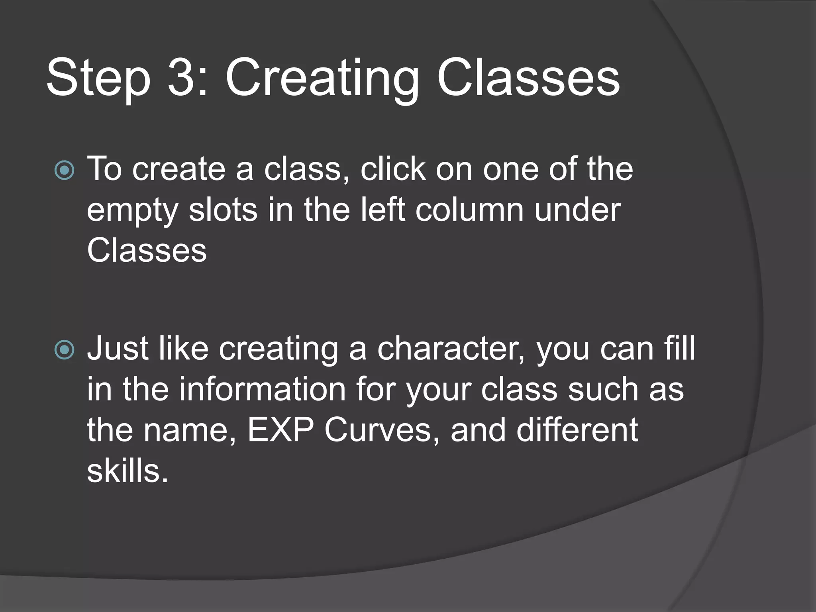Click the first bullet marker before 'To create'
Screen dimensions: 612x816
pyautogui.click(x=64, y=171)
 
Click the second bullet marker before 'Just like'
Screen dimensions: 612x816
pyautogui.click(x=64, y=350)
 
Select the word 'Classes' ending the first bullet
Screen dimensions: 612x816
pyautogui.click(x=147, y=251)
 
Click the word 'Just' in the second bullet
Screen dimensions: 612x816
pyautogui.click(x=118, y=349)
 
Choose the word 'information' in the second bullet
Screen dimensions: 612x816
pyautogui.click(x=262, y=389)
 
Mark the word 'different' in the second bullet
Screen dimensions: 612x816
pyautogui.click(x=577, y=430)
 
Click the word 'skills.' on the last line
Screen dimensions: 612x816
pyautogui.click(x=127, y=471)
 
